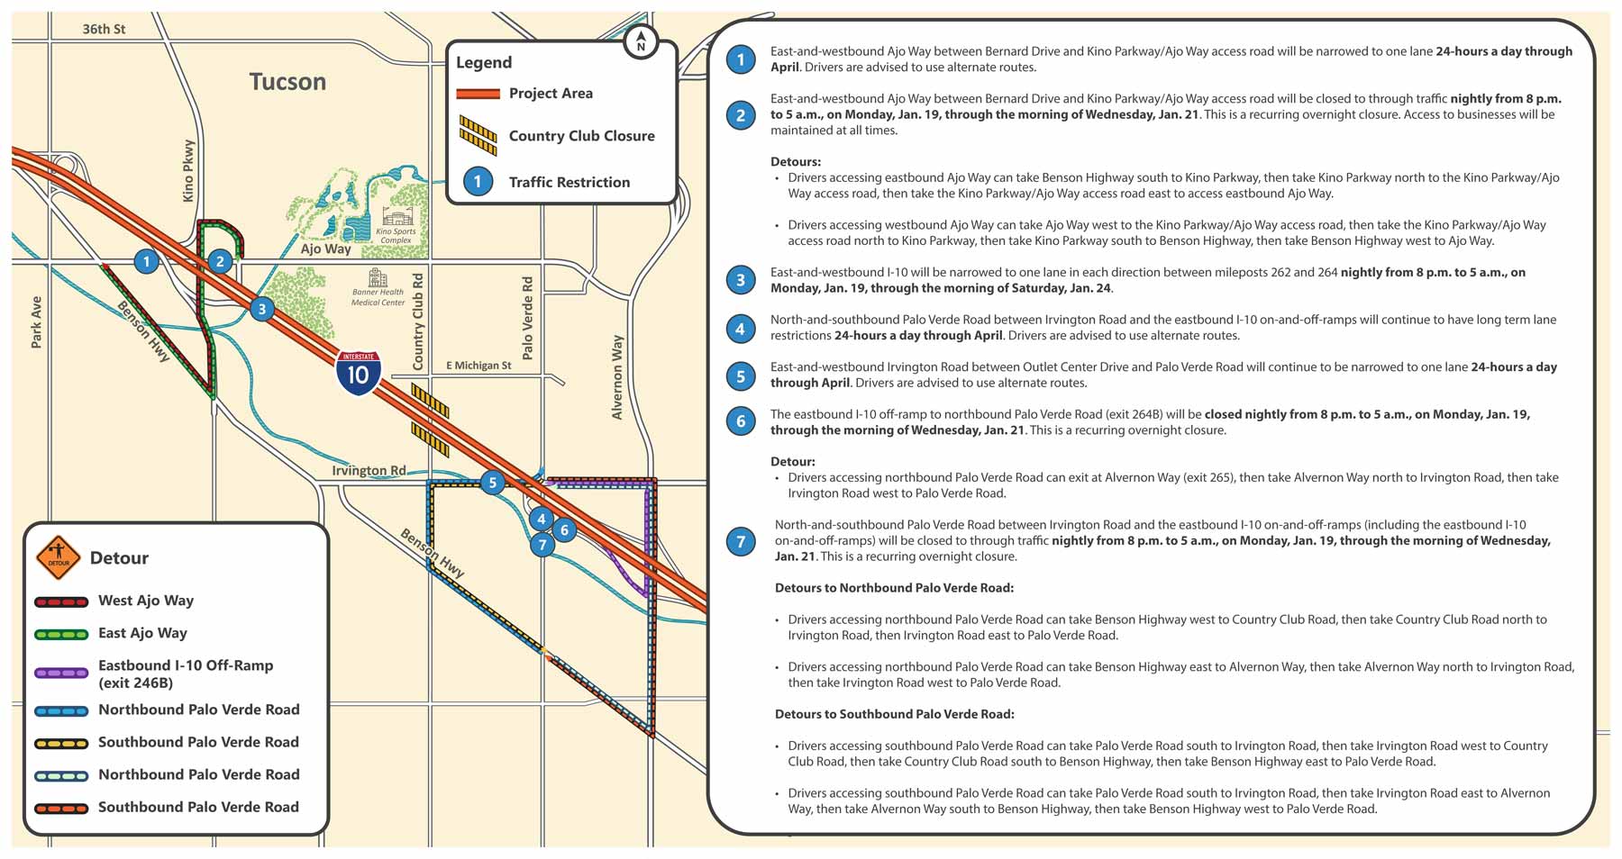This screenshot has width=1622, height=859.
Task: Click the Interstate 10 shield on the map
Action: [359, 373]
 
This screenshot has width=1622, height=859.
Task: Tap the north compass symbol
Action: [641, 41]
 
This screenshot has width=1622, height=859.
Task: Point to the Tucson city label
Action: [287, 82]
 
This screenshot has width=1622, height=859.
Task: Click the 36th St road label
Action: [104, 29]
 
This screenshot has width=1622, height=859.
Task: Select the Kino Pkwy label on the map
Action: [188, 170]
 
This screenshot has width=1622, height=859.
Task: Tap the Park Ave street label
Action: [36, 322]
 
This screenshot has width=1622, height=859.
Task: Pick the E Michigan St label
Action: [478, 366]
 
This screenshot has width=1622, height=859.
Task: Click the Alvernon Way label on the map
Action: [617, 377]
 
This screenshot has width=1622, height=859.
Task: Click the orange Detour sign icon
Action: [59, 557]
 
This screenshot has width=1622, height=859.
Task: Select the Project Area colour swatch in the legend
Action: [478, 94]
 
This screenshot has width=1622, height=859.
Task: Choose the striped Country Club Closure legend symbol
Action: [478, 136]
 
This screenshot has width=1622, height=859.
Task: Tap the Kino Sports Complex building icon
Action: [396, 218]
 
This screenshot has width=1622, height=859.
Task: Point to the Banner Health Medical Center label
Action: [378, 297]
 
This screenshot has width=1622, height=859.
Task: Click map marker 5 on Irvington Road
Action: [492, 483]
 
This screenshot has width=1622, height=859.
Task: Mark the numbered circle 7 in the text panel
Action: [741, 541]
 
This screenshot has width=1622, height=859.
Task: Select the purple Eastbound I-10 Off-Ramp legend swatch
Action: [61, 673]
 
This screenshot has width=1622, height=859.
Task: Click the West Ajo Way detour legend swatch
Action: [61, 601]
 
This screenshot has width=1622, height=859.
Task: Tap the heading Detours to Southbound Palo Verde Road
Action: [894, 714]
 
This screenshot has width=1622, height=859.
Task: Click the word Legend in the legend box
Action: [484, 62]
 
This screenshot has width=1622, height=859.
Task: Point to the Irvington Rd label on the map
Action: [369, 471]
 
